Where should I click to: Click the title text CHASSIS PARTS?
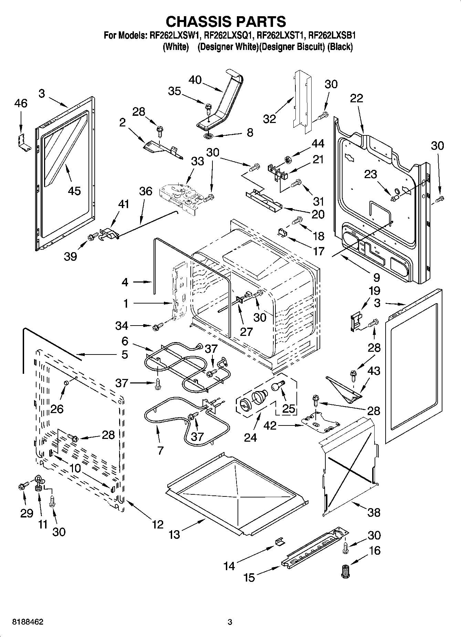point(226,21)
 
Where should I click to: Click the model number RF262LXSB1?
point(332,35)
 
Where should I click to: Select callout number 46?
point(21,103)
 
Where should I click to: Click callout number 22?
point(356,98)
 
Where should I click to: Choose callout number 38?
point(374,512)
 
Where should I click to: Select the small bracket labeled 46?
point(23,142)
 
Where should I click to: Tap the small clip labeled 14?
point(279,542)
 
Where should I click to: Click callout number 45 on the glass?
point(74,191)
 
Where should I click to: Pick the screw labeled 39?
point(91,237)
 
